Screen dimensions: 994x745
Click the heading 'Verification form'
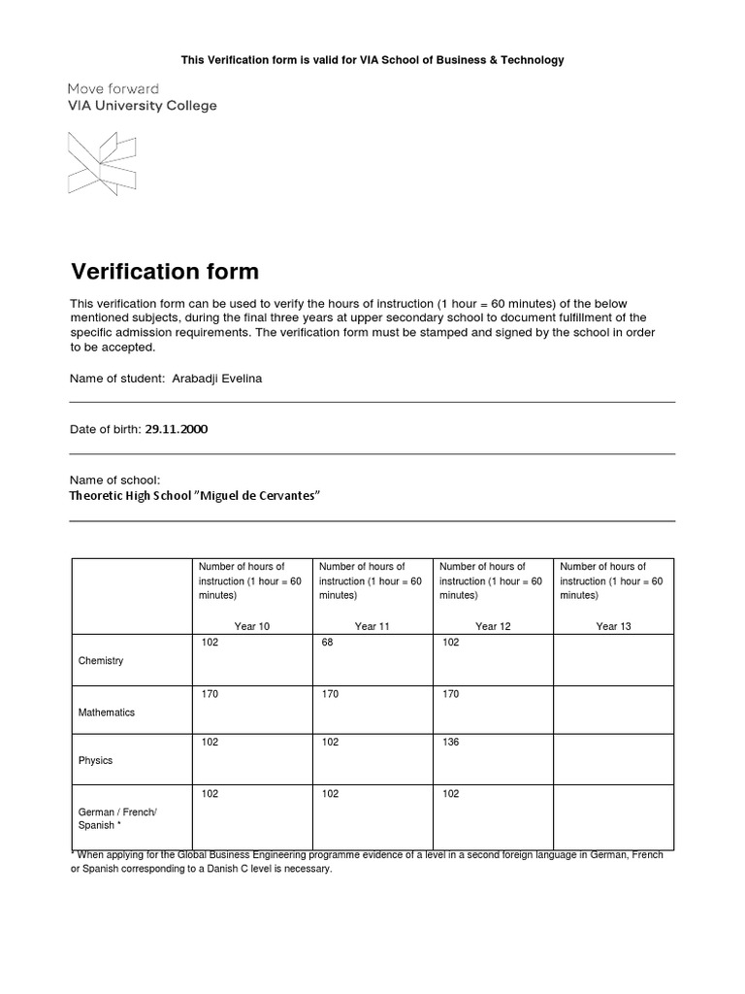pyautogui.click(x=165, y=271)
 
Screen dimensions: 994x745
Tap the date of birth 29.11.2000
pyautogui.click(x=176, y=429)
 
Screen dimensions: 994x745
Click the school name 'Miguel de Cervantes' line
pyautogui.click(x=194, y=496)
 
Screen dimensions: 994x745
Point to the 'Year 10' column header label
pyautogui.click(x=251, y=626)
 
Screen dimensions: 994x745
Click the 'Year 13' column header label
pyautogui.click(x=613, y=626)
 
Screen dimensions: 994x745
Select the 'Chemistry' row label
pyautogui.click(x=101, y=661)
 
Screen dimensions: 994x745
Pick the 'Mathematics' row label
pyautogui.click(x=107, y=712)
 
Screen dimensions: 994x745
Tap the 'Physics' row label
pyautogui.click(x=95, y=761)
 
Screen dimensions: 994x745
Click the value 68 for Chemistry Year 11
pyautogui.click(x=327, y=643)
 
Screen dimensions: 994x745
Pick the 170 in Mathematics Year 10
pyautogui.click(x=210, y=694)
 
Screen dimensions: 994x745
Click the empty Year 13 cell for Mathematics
pyautogui.click(x=613, y=710)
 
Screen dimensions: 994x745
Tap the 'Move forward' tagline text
pyautogui.click(x=113, y=88)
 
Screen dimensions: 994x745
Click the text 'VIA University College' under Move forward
pyautogui.click(x=142, y=106)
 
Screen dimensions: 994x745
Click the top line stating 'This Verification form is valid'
pyautogui.click(x=372, y=60)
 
